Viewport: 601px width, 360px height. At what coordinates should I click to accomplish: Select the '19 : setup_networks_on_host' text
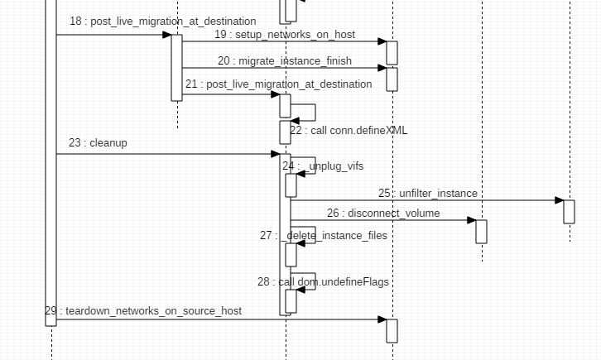pos(284,35)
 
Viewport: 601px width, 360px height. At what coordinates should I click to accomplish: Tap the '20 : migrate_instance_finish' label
pos(284,61)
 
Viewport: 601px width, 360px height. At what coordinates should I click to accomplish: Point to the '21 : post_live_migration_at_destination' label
pos(278,84)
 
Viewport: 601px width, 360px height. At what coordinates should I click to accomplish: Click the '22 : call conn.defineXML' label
pos(348,131)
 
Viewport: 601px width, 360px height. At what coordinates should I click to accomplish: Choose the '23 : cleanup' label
pos(98,143)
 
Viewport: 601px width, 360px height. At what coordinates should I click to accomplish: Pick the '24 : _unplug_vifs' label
pos(322,166)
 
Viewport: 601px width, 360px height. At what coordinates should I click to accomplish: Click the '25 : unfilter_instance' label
pos(427,194)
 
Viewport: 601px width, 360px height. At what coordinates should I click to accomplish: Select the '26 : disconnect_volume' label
pos(382,214)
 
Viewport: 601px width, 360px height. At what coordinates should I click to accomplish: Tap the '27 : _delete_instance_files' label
pos(323,236)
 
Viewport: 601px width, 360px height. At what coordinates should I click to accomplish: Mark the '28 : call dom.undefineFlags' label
pos(323,282)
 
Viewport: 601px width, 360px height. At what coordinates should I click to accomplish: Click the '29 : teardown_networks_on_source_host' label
pos(143,311)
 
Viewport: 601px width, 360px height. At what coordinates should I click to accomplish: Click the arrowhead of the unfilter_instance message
pos(559,200)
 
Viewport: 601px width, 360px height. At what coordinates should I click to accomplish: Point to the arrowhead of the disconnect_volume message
pos(471,220)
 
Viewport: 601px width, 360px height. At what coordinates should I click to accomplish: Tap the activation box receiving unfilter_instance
pos(569,211)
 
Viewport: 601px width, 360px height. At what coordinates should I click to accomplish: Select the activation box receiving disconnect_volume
pos(481,231)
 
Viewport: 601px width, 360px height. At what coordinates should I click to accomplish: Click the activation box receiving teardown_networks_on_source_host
pos(392,330)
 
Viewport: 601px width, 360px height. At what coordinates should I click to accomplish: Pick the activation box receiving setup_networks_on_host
pos(392,52)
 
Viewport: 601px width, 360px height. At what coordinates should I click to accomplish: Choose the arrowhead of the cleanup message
pos(276,154)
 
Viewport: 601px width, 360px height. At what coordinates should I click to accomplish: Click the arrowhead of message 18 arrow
pos(166,35)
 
